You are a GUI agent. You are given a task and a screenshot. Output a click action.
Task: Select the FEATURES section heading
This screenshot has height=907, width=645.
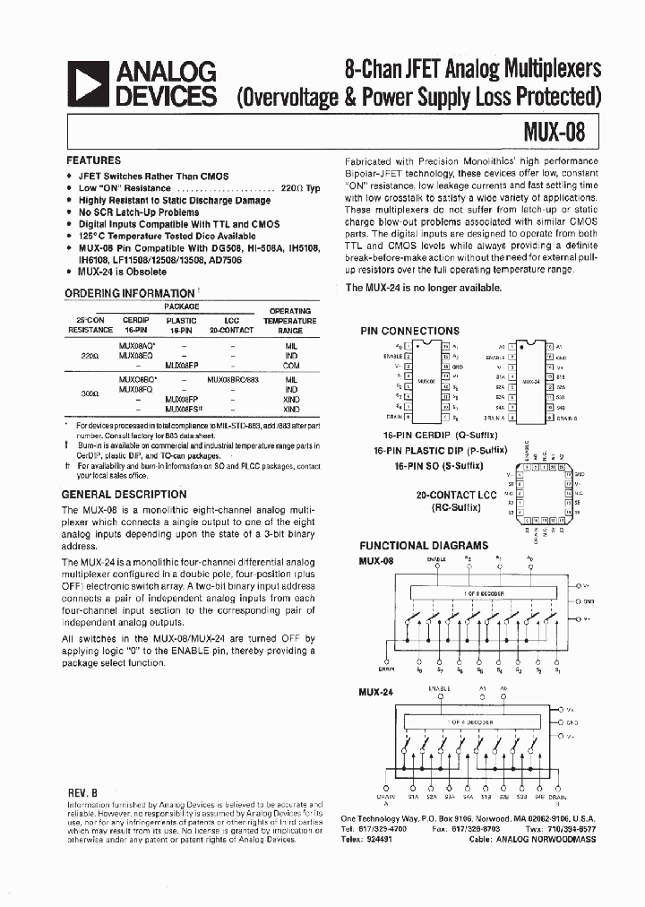pyautogui.click(x=94, y=160)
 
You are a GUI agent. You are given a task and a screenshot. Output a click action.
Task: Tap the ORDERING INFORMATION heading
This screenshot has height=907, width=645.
pyautogui.click(x=129, y=293)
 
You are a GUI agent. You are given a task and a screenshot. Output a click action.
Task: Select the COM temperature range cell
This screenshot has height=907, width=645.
pyautogui.click(x=291, y=366)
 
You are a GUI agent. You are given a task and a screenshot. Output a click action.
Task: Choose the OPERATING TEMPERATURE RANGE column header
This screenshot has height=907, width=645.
pyautogui.click(x=291, y=320)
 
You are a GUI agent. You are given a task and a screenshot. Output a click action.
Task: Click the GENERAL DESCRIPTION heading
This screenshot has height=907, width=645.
pyautogui.click(x=124, y=494)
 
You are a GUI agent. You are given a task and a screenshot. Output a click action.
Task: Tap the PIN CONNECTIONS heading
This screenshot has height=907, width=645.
pyautogui.click(x=409, y=331)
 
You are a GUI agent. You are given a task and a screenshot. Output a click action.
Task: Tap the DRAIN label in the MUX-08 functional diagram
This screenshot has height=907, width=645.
pyautogui.click(x=386, y=669)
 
